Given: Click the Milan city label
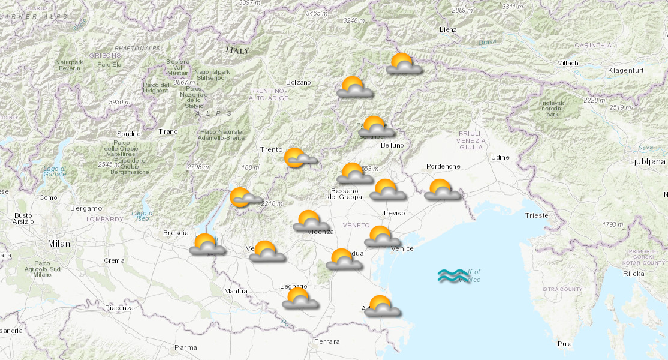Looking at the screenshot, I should [59, 244].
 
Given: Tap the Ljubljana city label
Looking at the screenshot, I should [647, 161].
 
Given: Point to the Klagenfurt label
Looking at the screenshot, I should [624, 71].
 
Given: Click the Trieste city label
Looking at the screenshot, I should [536, 215].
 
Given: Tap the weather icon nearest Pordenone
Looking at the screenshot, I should [442, 190].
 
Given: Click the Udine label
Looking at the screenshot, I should [500, 157].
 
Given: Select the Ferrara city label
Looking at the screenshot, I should [326, 341].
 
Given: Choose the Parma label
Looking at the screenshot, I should [185, 347].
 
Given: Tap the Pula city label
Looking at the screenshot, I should [564, 344].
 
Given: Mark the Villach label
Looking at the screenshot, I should [568, 63].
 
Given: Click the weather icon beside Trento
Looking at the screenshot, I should [299, 158].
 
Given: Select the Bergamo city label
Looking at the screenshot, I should [86, 208].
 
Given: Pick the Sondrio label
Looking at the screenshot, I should [128, 134].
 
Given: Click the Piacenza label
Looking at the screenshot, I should [119, 308].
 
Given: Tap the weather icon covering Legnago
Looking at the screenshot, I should [299, 298].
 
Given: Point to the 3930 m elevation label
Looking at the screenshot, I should [120, 103].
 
